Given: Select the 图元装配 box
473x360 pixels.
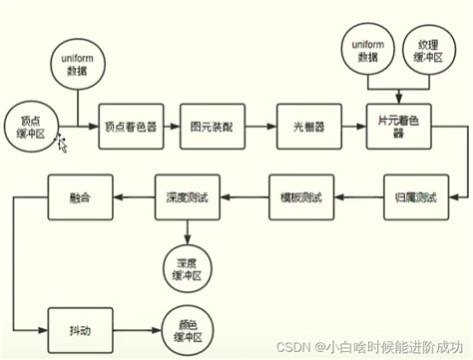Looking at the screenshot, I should point(211,128).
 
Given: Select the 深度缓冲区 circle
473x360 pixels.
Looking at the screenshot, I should point(187,261).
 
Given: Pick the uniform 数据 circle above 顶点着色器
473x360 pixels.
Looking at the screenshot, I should point(75,67).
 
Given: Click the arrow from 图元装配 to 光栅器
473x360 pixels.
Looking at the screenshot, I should point(257,128).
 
